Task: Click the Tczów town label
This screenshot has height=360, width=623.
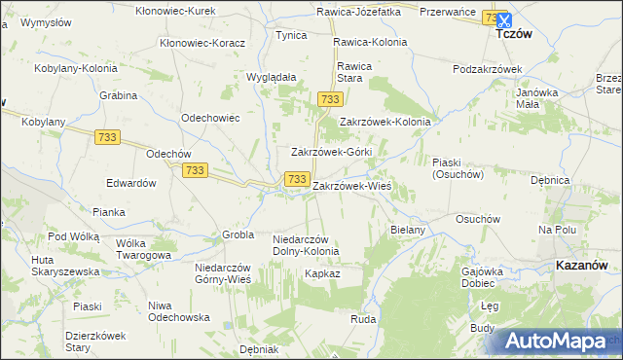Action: (x=513, y=33)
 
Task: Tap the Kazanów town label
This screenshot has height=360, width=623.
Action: (x=582, y=265)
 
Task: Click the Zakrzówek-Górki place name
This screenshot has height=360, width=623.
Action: (x=332, y=153)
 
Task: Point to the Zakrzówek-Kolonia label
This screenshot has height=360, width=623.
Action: (x=385, y=123)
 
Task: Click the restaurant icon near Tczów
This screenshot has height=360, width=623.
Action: (x=503, y=19)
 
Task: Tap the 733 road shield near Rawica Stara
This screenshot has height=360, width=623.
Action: (x=330, y=99)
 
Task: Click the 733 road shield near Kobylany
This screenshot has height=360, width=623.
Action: (x=108, y=138)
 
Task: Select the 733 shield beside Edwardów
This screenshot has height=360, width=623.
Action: (x=195, y=170)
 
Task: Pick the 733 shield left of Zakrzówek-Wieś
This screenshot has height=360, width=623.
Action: (x=298, y=179)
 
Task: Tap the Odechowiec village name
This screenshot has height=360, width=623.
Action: (x=210, y=118)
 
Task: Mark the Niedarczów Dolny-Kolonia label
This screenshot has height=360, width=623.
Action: (x=306, y=245)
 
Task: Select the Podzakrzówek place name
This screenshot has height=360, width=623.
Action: (x=488, y=69)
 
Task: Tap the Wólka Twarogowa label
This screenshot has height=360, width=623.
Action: (x=143, y=249)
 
